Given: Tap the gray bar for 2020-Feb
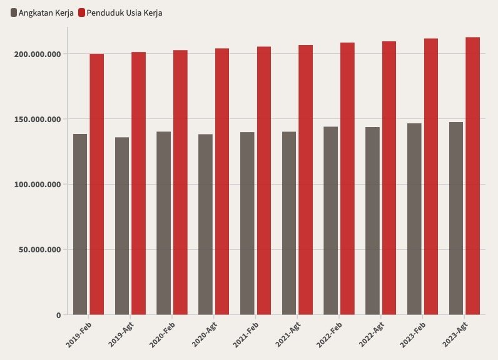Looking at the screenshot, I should tap(163, 223).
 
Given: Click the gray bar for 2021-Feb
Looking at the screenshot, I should tap(247, 224).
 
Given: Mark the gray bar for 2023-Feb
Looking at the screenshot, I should tap(414, 219).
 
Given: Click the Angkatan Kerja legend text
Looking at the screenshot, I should tap(46, 13).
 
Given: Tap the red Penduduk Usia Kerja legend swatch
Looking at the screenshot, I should tap(82, 13).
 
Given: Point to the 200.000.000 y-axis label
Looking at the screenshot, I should tap(38, 54).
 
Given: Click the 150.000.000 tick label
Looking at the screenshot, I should tap(38, 119).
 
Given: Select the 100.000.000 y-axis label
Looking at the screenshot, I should tap(38, 184).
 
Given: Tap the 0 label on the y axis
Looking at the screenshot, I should tap(58, 315).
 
